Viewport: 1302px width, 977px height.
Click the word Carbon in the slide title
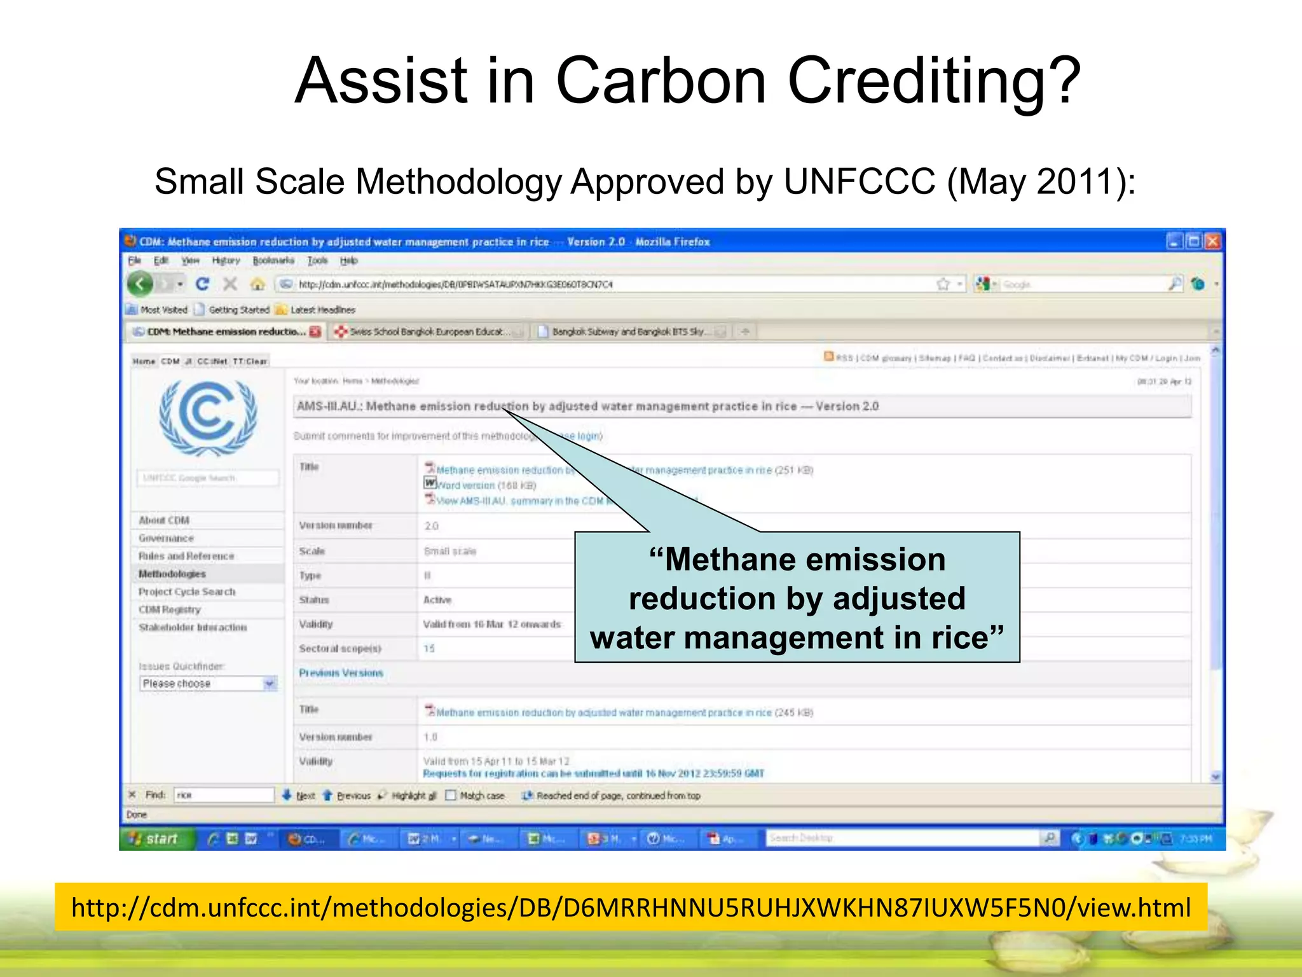661,81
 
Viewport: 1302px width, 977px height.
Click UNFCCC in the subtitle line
859,182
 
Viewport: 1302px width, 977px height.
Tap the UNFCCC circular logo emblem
208,417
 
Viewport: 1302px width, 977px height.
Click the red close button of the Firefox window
1212,242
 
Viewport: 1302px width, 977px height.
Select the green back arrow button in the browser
140,284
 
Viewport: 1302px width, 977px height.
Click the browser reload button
202,284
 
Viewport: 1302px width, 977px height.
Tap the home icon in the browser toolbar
257,284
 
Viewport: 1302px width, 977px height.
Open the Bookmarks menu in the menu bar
273,261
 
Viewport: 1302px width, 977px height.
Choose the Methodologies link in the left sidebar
172,574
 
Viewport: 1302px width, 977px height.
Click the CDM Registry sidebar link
170,609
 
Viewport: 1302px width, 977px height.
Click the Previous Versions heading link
341,673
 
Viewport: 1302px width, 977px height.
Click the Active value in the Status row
437,600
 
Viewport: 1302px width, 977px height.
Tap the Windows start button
154,839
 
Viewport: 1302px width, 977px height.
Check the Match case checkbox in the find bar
451,796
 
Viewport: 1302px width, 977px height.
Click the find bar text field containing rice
223,795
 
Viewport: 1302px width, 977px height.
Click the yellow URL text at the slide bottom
631,908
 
